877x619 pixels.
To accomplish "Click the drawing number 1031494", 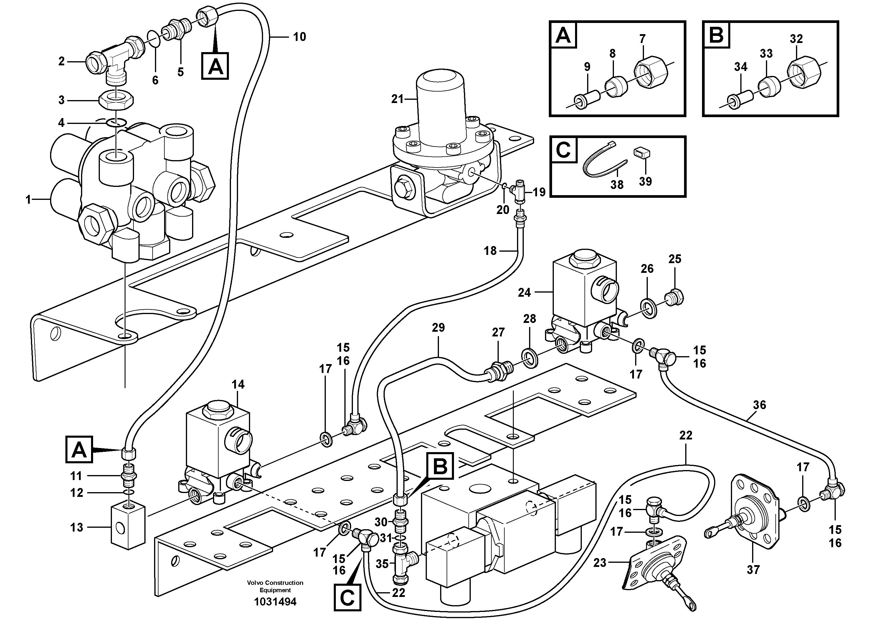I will pos(275,602).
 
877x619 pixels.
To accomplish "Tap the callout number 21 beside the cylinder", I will pos(397,99).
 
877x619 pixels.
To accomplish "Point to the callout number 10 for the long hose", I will pos(300,37).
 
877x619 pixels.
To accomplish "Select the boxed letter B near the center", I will pos(440,466).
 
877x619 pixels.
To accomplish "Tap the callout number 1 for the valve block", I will pos(28,200).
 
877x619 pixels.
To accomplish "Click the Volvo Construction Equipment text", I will pos(275,586).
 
